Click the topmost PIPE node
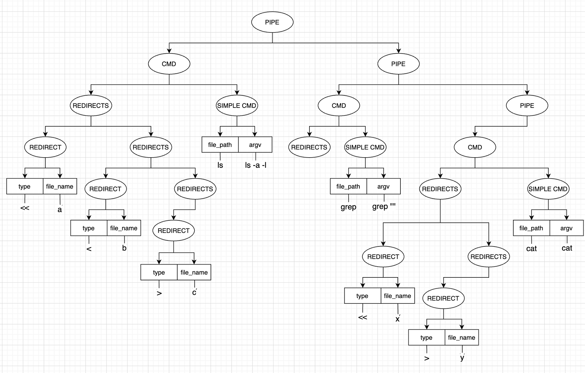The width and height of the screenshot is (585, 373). click(272, 22)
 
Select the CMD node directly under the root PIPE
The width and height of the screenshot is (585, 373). click(169, 64)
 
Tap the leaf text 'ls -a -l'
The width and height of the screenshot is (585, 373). click(256, 165)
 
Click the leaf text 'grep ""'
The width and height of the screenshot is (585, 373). click(384, 206)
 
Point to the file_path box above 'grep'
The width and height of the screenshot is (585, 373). click(348, 186)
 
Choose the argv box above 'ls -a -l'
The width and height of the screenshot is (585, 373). click(255, 145)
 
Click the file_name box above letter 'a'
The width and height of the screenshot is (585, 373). click(60, 186)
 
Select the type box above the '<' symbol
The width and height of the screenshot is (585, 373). click(89, 228)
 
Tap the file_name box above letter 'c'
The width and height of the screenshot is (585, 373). click(194, 272)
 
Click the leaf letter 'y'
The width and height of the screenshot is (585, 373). click(462, 357)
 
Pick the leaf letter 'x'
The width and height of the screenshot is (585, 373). click(398, 319)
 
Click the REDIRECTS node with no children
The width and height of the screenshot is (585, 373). click(309, 147)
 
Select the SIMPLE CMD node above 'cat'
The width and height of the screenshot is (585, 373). click(548, 189)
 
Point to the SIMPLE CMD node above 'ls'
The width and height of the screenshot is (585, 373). click(237, 106)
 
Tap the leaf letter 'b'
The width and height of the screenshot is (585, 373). click(124, 248)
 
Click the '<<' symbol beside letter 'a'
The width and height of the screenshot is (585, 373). click(25, 208)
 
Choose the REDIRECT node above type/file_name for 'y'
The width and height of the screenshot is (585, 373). click(443, 298)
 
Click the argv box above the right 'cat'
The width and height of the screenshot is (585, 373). click(566, 228)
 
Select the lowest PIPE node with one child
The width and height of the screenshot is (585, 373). click(527, 106)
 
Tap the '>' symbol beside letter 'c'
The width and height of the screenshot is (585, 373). click(159, 293)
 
